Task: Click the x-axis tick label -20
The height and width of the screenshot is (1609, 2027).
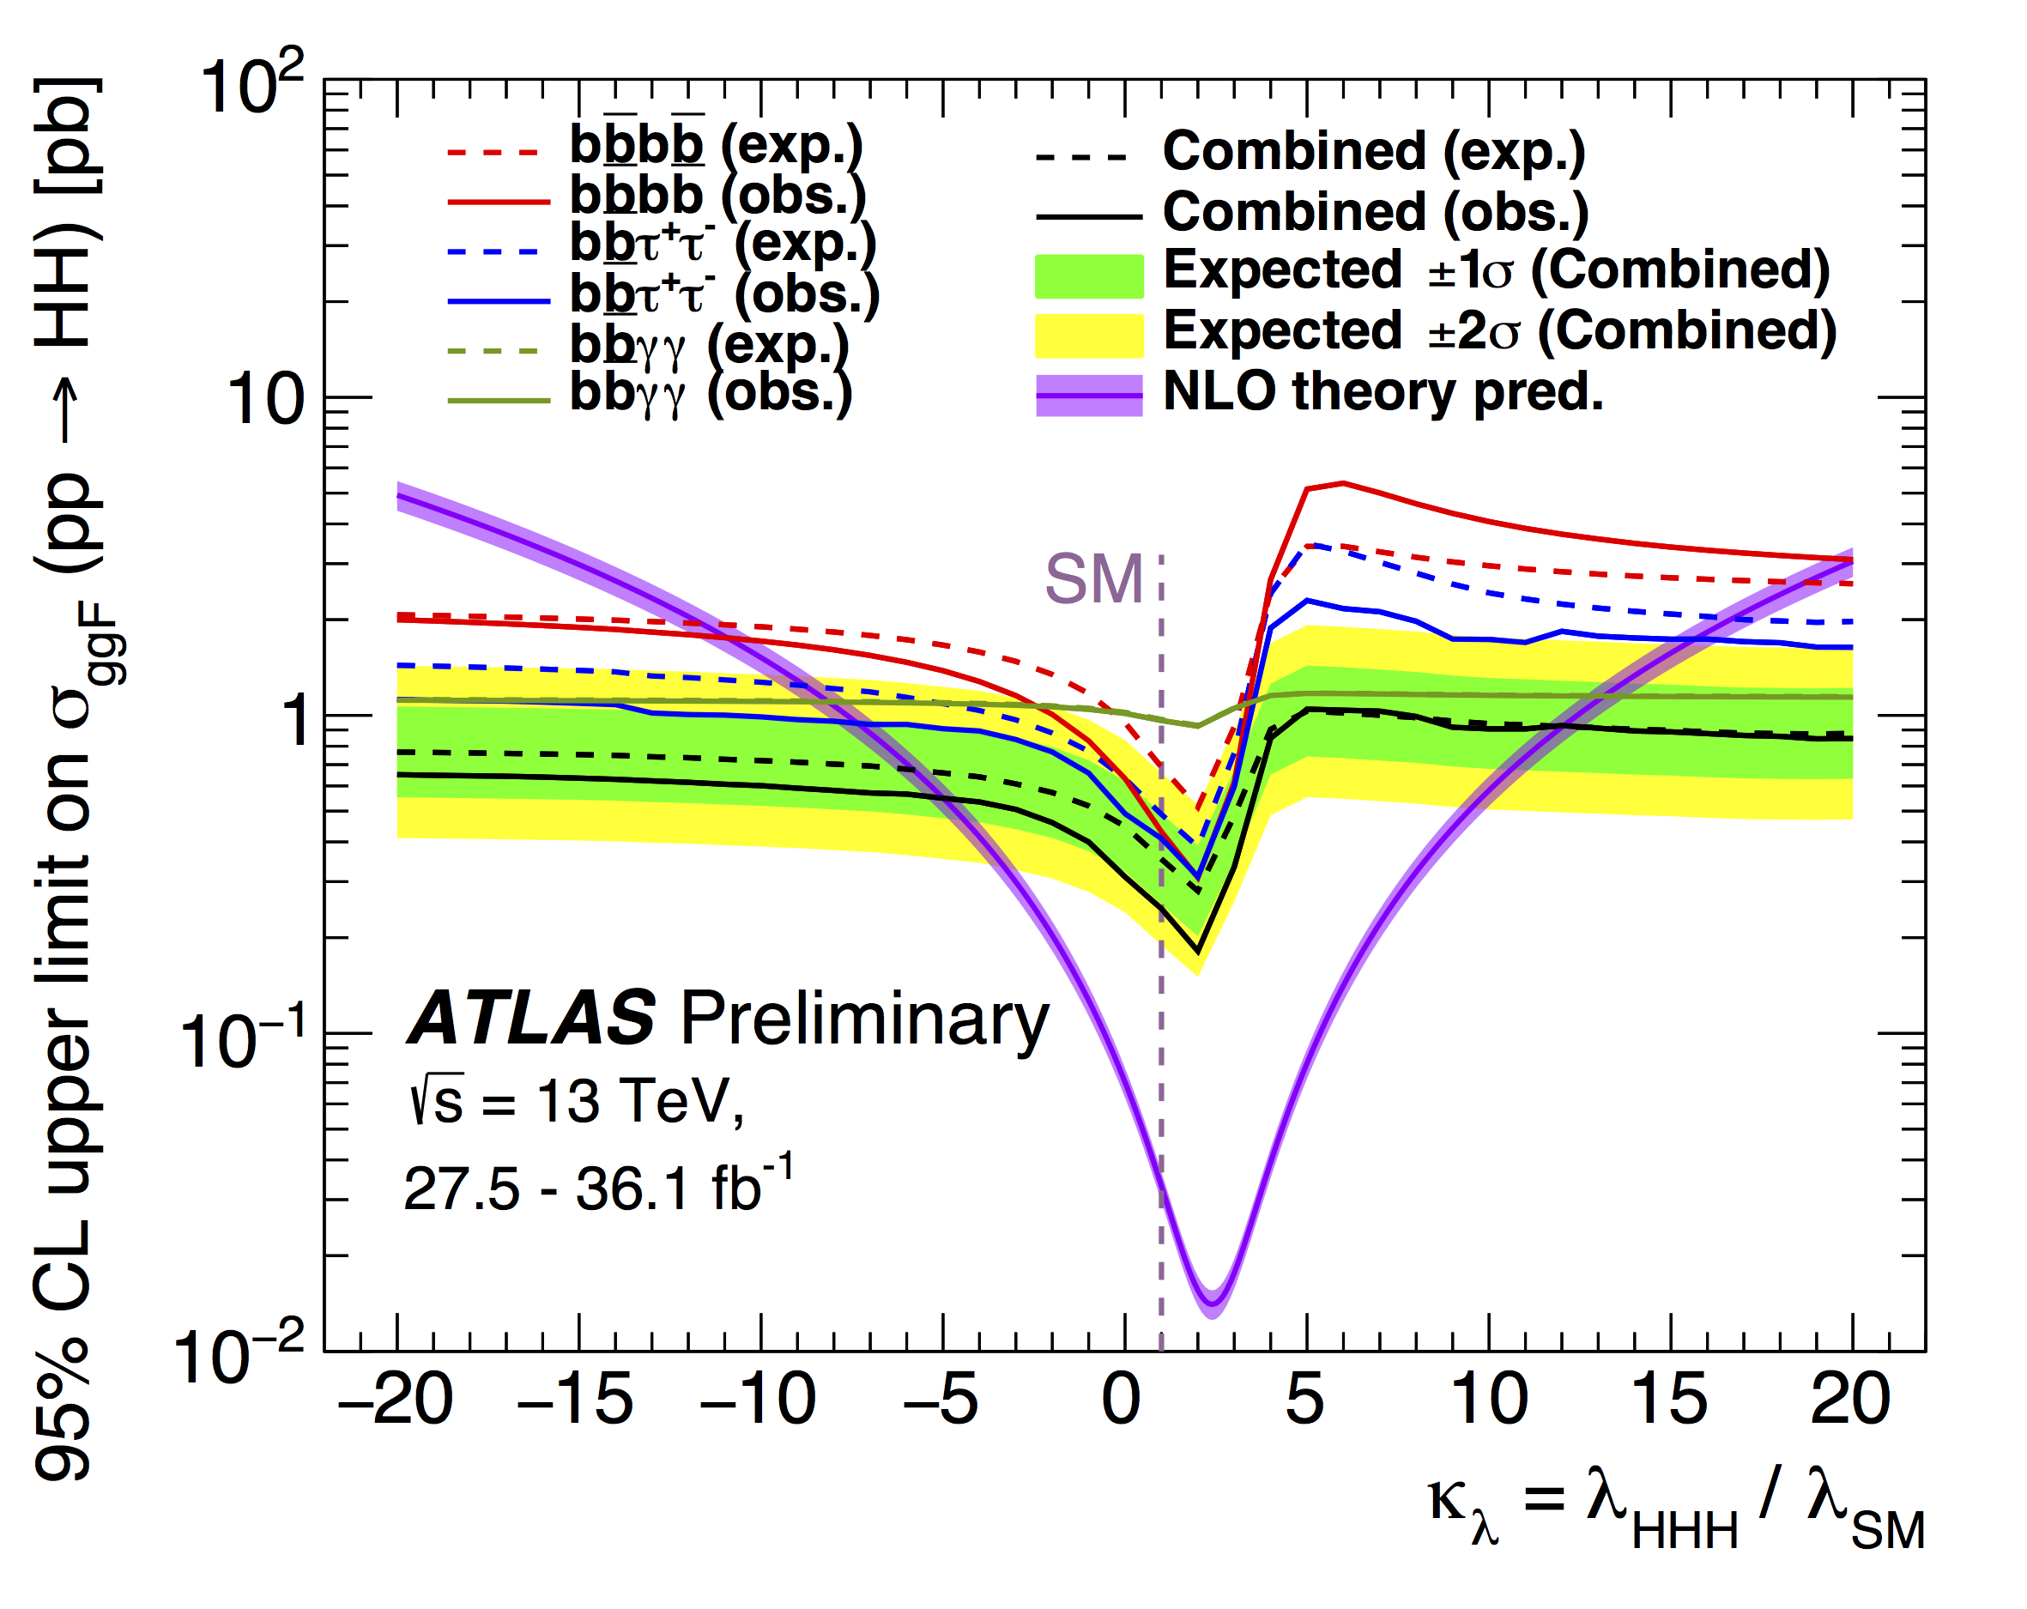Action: (x=395, y=1400)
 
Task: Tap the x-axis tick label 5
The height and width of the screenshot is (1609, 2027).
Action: (x=1304, y=1400)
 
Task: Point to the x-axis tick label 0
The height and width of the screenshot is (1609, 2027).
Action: (x=1122, y=1400)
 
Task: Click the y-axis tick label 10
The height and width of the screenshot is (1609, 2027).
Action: (x=266, y=400)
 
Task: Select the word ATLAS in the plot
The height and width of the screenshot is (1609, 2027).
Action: (x=531, y=1019)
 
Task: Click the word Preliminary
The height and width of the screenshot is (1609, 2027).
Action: (x=864, y=1020)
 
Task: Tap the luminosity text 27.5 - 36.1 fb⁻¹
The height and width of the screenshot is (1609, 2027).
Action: (x=598, y=1187)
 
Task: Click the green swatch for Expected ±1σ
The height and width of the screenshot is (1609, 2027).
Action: (x=1089, y=275)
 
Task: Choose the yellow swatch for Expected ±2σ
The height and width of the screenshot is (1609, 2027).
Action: (x=1089, y=336)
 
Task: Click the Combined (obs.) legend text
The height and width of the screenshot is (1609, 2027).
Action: (x=1375, y=212)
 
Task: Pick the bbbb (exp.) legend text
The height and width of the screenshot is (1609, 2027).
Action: (x=717, y=146)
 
